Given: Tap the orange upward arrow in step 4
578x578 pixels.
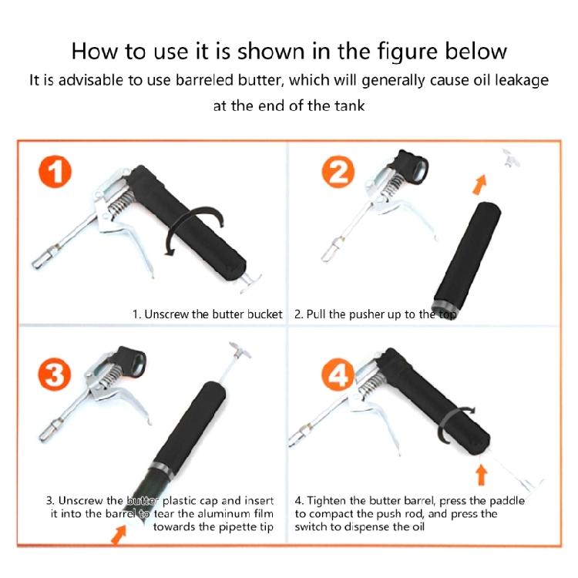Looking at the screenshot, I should point(482,471).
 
